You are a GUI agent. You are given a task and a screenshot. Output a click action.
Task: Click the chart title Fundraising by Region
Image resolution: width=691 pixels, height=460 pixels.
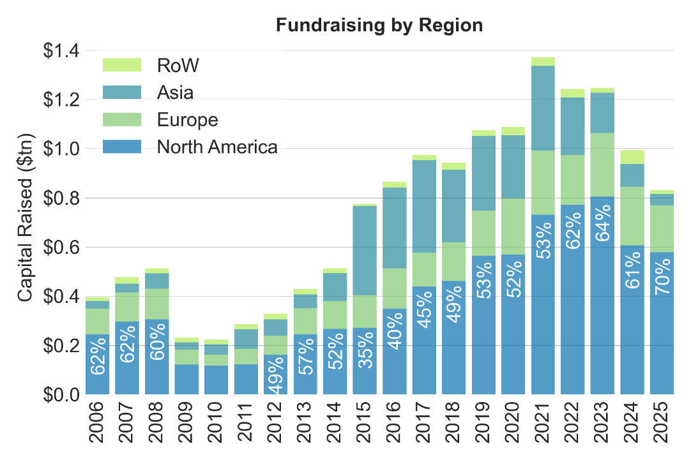click(379, 26)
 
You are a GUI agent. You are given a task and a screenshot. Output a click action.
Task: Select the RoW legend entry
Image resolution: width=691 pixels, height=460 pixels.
click(178, 65)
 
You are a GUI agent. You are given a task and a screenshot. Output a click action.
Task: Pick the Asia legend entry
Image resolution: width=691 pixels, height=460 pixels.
click(175, 93)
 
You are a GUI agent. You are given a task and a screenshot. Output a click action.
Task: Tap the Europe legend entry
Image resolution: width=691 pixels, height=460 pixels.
click(187, 120)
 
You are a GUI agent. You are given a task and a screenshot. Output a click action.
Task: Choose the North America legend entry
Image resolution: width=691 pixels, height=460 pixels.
click(217, 147)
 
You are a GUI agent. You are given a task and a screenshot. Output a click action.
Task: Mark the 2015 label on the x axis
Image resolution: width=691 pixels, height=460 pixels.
click(366, 422)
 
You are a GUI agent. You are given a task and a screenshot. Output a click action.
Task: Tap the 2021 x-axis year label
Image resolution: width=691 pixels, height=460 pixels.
click(544, 422)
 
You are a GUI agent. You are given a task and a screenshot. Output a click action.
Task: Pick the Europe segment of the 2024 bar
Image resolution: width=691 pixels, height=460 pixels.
click(632, 216)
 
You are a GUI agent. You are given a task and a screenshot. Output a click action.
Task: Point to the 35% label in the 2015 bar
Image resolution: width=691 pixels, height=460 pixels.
click(365, 352)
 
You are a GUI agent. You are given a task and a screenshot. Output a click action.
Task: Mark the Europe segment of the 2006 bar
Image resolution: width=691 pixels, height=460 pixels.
click(98, 321)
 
